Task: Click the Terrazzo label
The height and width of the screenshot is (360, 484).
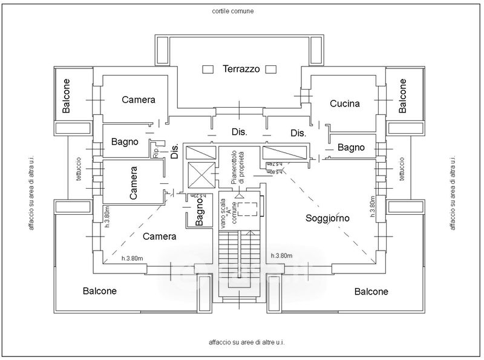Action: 241,69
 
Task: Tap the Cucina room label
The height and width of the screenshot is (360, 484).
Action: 345,103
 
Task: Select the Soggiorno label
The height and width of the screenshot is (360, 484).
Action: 329,217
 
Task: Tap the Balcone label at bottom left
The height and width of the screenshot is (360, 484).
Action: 99,290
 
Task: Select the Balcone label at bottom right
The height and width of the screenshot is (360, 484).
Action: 371,292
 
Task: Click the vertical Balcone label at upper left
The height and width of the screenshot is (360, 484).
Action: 66,96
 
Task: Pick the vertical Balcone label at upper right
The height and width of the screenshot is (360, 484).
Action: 403,96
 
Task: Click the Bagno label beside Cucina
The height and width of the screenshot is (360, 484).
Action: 351,147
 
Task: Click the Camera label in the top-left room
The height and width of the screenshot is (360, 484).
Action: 139,100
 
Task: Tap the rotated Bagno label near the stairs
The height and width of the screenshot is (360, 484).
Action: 201,213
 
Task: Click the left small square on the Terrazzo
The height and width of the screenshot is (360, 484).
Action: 209,69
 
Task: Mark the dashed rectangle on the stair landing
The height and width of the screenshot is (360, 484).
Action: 247,209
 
